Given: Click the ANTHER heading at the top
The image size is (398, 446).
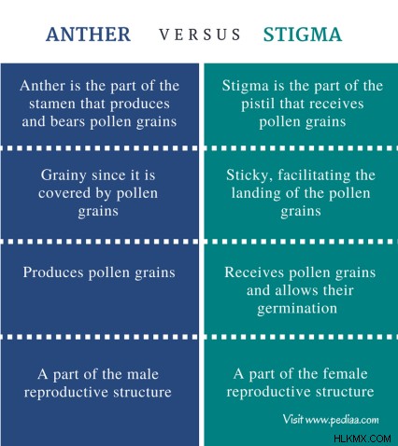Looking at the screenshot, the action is (88, 35).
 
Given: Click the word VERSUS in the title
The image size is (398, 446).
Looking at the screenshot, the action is (200, 35).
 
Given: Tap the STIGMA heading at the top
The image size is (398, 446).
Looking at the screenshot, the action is (303, 35).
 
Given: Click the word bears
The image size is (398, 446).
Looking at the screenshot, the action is (67, 121).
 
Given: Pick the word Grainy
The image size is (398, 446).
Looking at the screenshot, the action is (64, 175).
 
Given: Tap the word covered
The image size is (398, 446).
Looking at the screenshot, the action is (64, 193).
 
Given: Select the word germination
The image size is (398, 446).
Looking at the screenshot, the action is (297, 309).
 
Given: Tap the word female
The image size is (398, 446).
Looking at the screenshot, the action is (345, 373).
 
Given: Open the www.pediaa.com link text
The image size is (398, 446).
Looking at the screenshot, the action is (342, 420).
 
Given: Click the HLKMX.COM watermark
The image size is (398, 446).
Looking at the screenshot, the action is (362, 439).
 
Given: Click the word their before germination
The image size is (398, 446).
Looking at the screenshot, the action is (338, 290).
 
